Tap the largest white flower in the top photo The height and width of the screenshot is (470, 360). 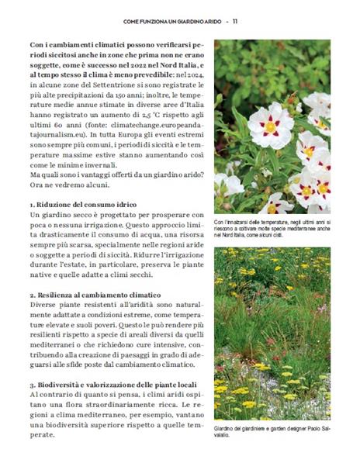point(271,125)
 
